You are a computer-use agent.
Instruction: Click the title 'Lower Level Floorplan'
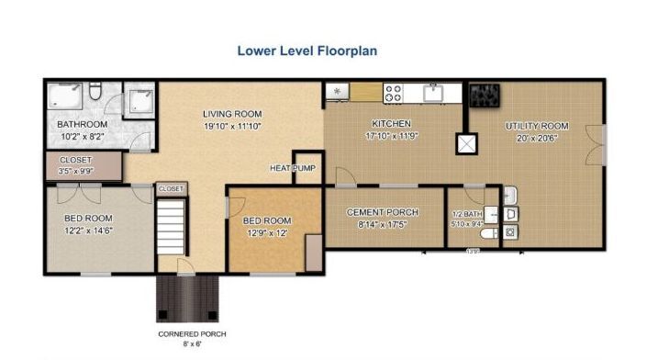[307, 51]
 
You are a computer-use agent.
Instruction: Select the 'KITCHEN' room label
[390, 123]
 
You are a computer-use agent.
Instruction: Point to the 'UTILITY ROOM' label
[537, 126]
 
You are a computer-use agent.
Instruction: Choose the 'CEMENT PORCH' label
[383, 212]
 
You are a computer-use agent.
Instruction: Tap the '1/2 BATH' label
[465, 213]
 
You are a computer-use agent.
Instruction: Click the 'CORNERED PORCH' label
[192, 333]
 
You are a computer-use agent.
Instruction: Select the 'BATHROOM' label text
[83, 124]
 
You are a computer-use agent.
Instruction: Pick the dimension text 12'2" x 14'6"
[88, 230]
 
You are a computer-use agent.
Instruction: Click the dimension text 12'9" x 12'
[265, 233]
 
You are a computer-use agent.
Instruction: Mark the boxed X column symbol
[467, 144]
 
